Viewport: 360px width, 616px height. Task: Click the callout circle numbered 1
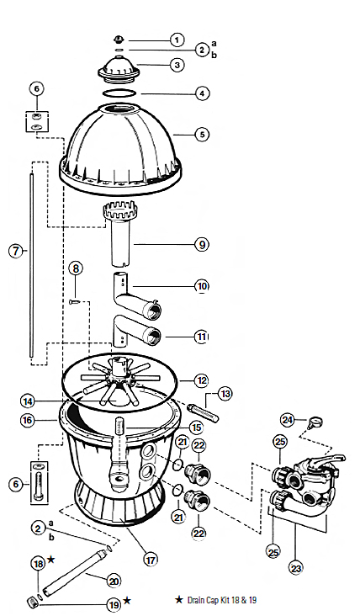177,40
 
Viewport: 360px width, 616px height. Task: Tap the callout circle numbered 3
177,65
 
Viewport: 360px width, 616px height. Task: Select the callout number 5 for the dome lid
202,135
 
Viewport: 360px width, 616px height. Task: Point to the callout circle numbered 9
202,244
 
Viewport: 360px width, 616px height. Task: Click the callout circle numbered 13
225,394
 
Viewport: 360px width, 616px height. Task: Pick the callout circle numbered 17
151,560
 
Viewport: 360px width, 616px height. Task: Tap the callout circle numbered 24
288,421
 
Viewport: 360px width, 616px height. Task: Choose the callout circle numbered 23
295,568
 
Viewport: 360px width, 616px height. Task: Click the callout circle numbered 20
114,581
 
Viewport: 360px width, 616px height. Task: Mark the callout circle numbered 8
76,268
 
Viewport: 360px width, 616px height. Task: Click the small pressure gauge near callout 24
316,422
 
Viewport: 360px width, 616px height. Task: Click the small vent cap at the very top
119,40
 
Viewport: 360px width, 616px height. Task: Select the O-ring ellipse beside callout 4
119,93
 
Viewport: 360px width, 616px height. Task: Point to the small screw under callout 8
75,302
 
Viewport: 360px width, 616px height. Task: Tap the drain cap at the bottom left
31,602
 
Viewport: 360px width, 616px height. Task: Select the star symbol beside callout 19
127,600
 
